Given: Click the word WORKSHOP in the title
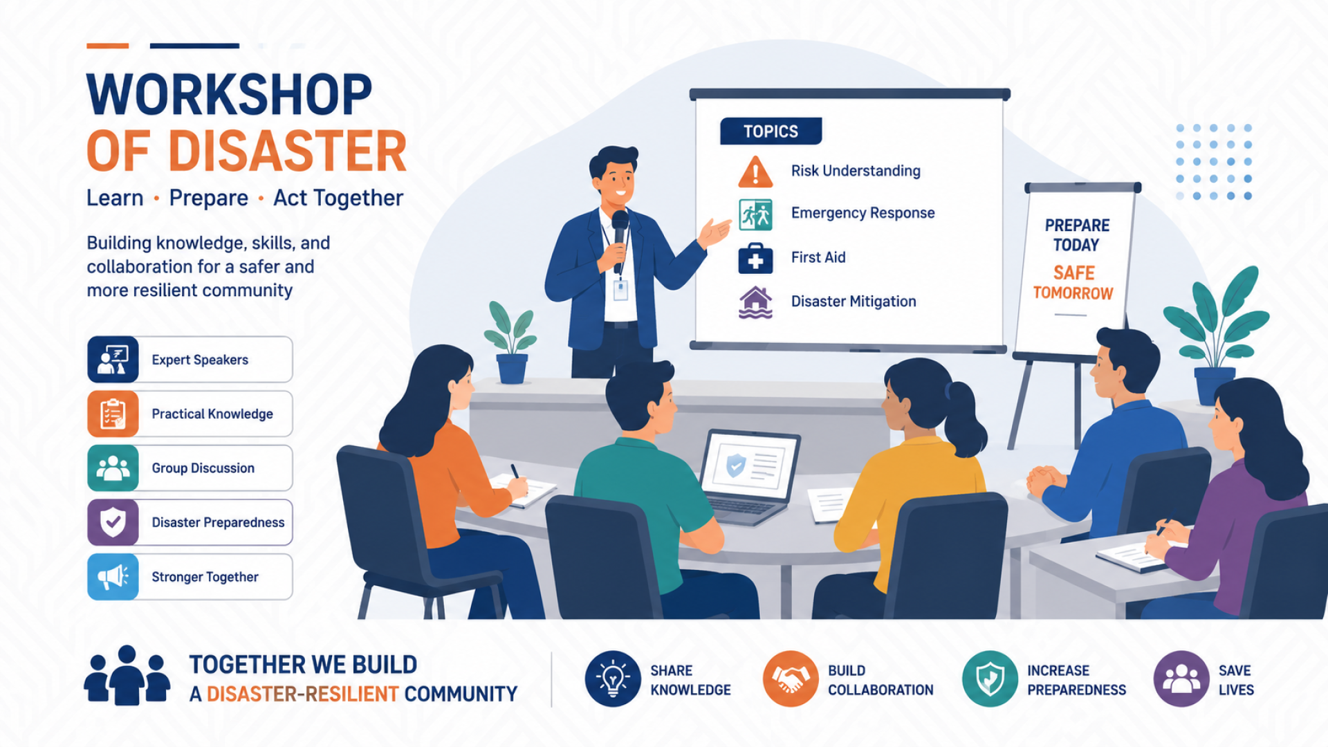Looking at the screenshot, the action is pyautogui.click(x=229, y=95).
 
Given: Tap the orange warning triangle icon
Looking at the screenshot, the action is pyautogui.click(x=755, y=172).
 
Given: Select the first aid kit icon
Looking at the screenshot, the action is pyautogui.click(x=755, y=258).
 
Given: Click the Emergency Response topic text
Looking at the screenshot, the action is pyautogui.click(x=863, y=213).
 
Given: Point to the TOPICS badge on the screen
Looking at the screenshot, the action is pyautogui.click(x=771, y=131).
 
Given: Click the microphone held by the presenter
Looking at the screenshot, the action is pyautogui.click(x=620, y=235).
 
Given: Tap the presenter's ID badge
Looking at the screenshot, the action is pyautogui.click(x=620, y=289).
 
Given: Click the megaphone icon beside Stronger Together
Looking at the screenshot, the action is pyautogui.click(x=113, y=576).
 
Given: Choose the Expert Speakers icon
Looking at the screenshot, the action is pyautogui.click(x=113, y=360).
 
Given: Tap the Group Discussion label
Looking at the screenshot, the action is pyautogui.click(x=203, y=468).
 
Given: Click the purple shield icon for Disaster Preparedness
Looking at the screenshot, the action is pyautogui.click(x=113, y=522).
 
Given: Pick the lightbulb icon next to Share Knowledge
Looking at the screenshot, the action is pyautogui.click(x=613, y=679).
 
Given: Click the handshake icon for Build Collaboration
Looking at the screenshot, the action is pyautogui.click(x=791, y=679).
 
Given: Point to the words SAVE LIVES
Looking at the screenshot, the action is pyautogui.click(x=1236, y=680).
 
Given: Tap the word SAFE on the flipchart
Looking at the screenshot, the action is pyautogui.click(x=1074, y=273).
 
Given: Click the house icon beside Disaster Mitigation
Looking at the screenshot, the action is pyautogui.click(x=755, y=302).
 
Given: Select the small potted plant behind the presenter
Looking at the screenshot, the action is pyautogui.click(x=511, y=342).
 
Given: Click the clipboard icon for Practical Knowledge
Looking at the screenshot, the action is pyautogui.click(x=113, y=414).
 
